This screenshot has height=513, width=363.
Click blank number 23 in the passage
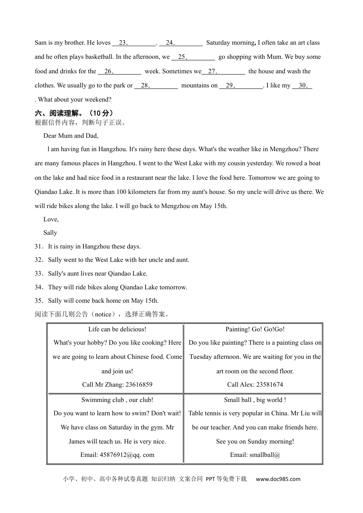click(x=134, y=43)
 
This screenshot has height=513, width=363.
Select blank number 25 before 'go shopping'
click(x=193, y=57)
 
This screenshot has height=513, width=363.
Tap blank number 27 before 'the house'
click(x=223, y=71)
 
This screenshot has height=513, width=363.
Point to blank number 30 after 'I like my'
click(x=302, y=85)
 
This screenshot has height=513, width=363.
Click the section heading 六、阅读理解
click(x=74, y=113)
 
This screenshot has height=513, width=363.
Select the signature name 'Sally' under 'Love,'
click(x=50, y=233)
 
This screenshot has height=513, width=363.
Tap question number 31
click(x=39, y=247)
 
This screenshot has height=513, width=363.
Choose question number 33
click(x=39, y=274)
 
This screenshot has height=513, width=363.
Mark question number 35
click(x=39, y=301)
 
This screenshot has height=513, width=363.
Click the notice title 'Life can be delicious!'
click(x=117, y=329)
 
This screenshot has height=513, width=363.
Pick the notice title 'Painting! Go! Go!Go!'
click(x=255, y=329)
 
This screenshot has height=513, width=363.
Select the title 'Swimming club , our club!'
click(x=117, y=400)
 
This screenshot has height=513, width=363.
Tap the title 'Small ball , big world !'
click(x=255, y=400)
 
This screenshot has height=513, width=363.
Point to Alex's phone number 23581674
click(x=269, y=385)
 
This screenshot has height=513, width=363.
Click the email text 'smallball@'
click(x=265, y=455)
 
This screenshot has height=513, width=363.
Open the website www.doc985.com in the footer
click(x=278, y=479)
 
